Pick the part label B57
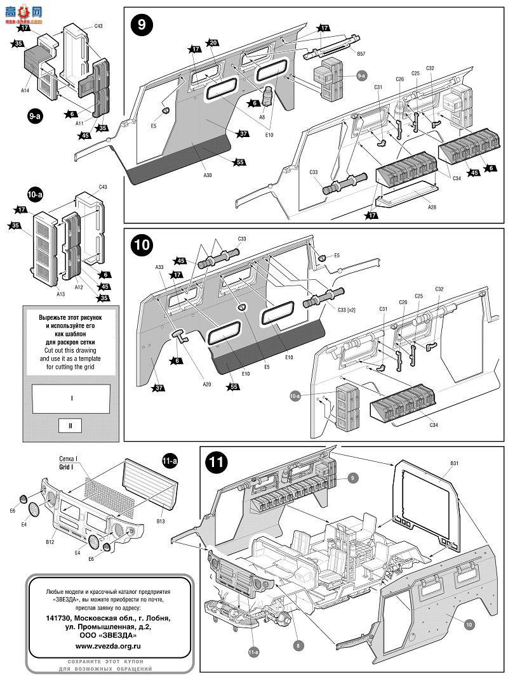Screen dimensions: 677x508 pos(361,53)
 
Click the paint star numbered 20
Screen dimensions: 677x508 pos(213,43)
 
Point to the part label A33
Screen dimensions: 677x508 pos(159,268)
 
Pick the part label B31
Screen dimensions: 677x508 pos(454,464)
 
